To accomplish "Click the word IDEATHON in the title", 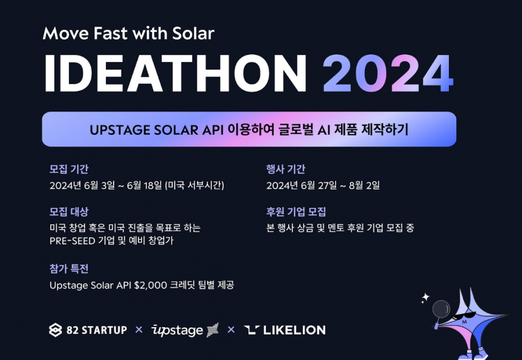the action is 175,73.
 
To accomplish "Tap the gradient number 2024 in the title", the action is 388,73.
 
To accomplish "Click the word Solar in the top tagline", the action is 193,33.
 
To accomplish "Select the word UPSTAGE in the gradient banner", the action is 120,130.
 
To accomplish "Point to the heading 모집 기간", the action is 69,169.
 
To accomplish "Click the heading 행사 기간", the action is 286,169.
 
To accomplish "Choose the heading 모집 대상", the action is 69,211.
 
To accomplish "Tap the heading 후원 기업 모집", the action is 296,211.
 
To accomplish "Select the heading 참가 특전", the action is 69,269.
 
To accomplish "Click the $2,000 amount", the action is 150,285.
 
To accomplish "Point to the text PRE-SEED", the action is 72,241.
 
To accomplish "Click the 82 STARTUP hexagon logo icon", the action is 55,330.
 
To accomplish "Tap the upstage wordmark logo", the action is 185,330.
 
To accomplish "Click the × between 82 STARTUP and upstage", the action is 139,330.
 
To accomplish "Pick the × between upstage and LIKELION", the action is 231,330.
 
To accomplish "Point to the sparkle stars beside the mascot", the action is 425,298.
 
